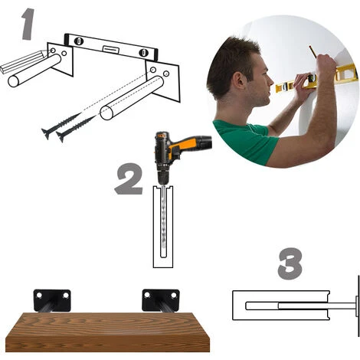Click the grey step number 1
coord(28,24)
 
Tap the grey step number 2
coord(129,179)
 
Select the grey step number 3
coord(290,263)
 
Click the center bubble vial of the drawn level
coord(111,49)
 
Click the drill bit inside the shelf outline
coord(163,221)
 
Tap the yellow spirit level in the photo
coord(316,78)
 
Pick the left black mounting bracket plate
coord(52,300)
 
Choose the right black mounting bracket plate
coord(161,299)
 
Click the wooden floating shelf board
coord(107,332)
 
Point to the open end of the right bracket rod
coord(106,113)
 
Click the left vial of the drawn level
coord(79,41)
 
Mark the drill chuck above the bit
coord(162,178)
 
